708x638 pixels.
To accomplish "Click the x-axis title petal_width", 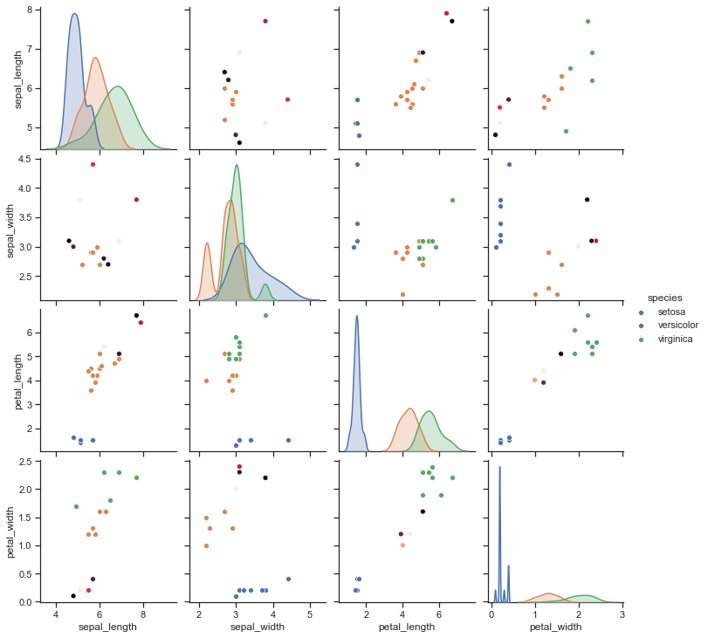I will (556, 627).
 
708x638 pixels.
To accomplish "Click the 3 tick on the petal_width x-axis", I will (622, 615).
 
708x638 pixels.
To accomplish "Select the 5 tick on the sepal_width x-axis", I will (310, 615).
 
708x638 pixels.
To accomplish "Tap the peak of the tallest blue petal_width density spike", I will (499, 467).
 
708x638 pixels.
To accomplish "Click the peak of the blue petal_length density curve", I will (356, 316).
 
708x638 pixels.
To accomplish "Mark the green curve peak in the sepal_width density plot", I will (237, 165).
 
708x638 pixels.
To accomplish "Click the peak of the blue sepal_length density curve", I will (74, 14).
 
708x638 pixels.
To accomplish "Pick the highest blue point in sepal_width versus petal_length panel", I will (356, 164).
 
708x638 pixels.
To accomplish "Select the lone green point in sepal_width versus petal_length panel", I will (452, 200).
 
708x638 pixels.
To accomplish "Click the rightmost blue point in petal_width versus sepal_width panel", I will (288, 579).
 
